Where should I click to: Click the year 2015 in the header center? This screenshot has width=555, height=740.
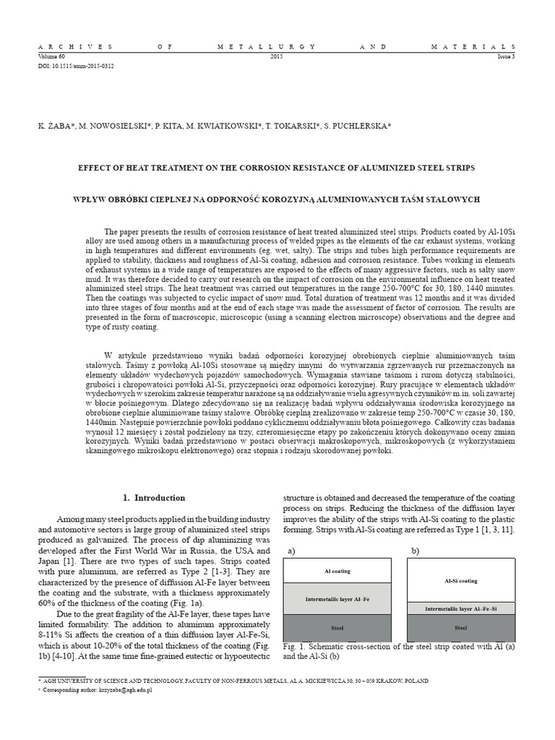(277, 56)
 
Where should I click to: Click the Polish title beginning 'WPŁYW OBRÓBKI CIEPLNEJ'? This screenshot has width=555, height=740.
(277, 199)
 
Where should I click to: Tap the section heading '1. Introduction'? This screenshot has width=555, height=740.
(153, 498)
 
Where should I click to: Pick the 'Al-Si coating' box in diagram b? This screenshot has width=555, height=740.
(460, 580)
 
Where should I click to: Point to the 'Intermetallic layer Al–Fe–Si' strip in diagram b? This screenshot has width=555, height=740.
(460, 609)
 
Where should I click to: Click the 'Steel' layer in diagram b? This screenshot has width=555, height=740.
(460, 628)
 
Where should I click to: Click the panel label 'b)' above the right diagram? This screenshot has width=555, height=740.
(416, 550)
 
